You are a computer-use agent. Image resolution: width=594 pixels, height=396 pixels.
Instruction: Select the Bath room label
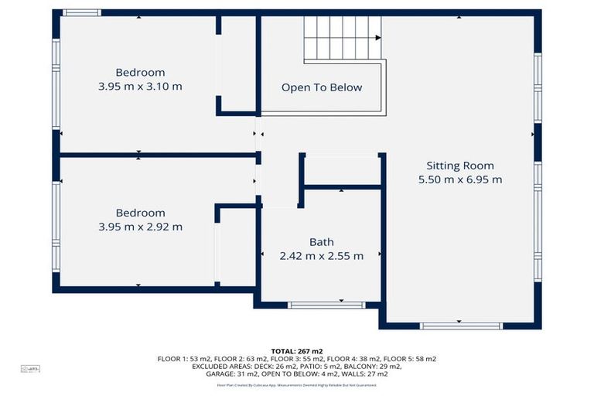coord(321,242)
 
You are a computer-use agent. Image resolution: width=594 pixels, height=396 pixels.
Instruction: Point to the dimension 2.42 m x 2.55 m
coord(321,256)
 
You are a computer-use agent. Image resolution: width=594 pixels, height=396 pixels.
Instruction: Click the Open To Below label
coord(321,87)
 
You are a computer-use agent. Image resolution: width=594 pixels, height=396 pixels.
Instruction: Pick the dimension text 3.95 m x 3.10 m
coord(140,87)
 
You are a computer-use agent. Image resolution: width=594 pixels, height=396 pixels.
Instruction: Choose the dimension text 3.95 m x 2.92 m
coord(140,227)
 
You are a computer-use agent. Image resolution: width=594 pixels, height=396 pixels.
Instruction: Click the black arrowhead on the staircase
coord(377,37)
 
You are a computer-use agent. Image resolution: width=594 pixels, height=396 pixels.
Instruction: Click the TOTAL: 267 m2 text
coord(297,350)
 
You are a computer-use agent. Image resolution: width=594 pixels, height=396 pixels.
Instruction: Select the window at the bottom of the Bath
coord(318,305)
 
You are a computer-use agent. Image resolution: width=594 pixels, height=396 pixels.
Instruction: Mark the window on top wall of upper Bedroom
coord(81,12)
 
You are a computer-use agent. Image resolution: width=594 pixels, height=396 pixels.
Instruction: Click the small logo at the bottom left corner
coord(29,369)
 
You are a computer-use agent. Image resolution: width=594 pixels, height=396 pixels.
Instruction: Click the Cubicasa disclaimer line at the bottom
coord(297,384)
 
